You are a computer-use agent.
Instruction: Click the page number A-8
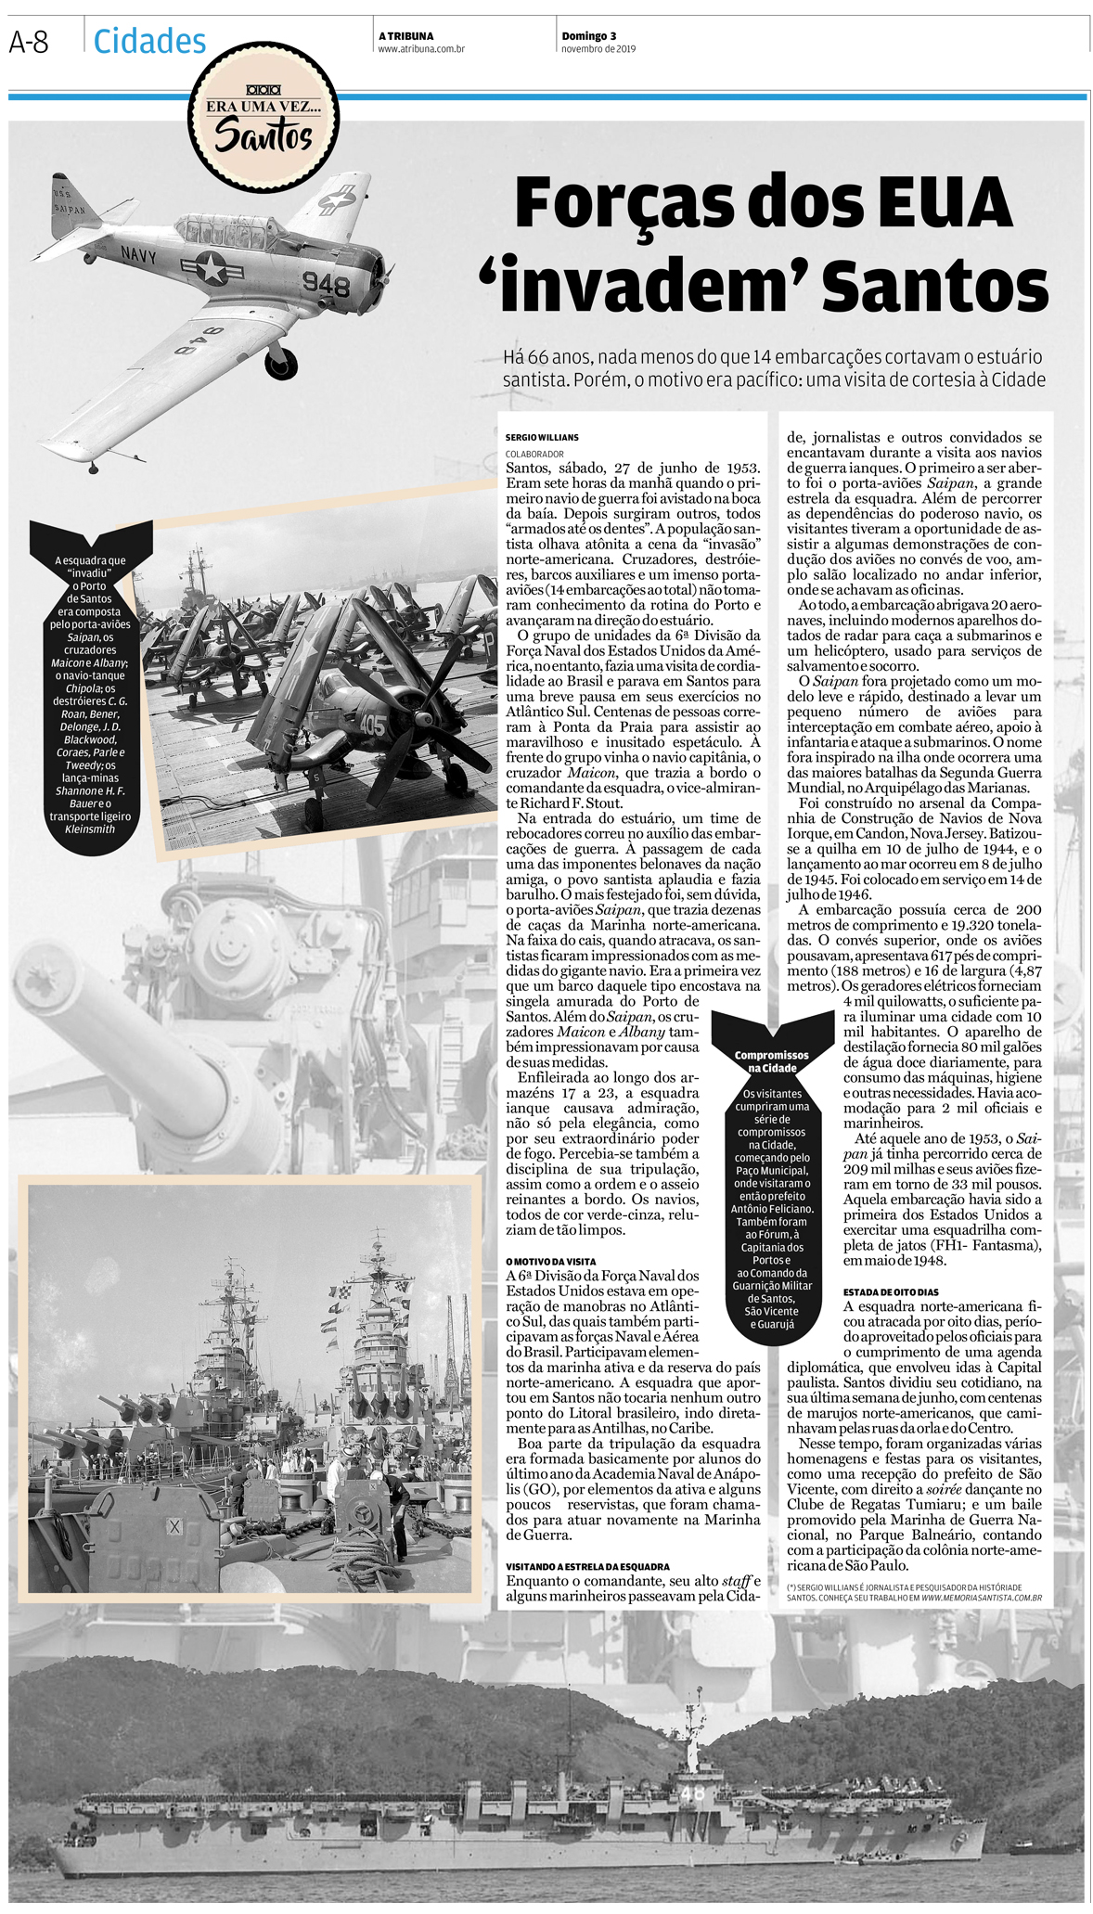[29, 42]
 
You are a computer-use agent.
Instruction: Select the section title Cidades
[149, 41]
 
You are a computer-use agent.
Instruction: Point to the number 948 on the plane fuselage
[326, 283]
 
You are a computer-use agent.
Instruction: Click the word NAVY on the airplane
[138, 251]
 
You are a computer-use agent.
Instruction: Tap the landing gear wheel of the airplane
[281, 362]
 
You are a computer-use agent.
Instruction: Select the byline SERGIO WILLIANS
[542, 437]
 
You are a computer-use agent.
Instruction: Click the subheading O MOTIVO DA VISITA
[550, 1262]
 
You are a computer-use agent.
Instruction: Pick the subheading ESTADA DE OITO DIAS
[891, 1292]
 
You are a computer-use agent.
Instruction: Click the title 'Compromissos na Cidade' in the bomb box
[771, 1061]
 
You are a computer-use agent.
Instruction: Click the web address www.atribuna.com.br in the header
[420, 49]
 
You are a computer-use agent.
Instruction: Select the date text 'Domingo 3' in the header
[588, 36]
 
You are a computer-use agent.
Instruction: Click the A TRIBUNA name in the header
[405, 36]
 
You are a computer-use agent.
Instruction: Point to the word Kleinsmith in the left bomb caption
[90, 829]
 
